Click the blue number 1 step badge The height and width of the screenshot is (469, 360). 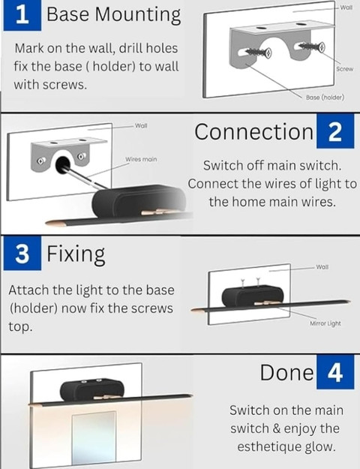click(x=22, y=15)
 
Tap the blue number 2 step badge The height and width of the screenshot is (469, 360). click(x=335, y=131)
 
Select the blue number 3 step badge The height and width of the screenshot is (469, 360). click(x=22, y=254)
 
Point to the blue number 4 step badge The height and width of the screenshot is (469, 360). click(x=335, y=372)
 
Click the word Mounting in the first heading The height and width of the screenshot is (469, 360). click(x=138, y=16)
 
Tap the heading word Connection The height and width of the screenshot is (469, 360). click(x=253, y=131)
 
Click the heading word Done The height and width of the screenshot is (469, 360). click(x=286, y=372)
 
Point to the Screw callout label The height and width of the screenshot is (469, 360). click(x=344, y=69)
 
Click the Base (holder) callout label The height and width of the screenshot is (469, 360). click(x=325, y=98)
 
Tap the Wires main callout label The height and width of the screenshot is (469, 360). click(x=141, y=159)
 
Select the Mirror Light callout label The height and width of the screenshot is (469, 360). click(x=325, y=323)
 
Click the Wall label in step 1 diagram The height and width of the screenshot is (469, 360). click(x=346, y=8)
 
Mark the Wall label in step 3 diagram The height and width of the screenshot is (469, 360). click(x=322, y=266)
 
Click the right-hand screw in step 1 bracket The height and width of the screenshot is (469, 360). click(x=312, y=47)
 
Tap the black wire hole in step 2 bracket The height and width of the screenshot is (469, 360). click(x=62, y=164)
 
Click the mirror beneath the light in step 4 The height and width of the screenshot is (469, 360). click(x=94, y=437)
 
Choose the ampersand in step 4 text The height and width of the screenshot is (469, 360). click(x=277, y=429)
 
